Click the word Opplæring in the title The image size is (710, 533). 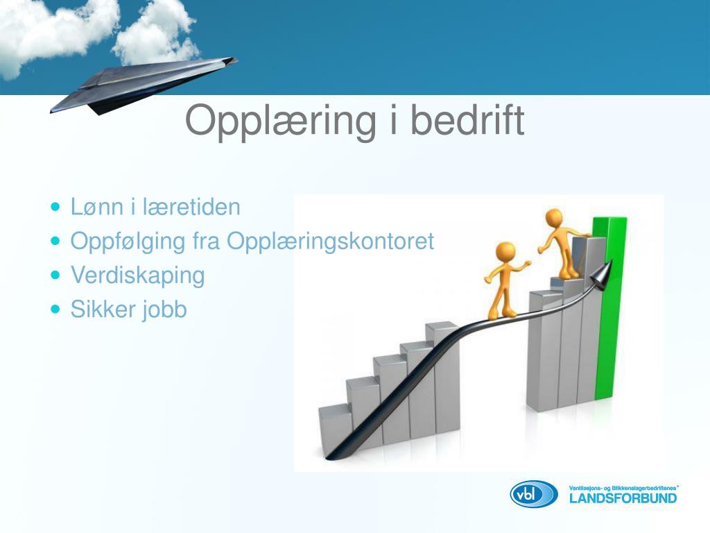click(280, 121)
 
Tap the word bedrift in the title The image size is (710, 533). click(467, 119)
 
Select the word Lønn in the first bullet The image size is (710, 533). click(97, 207)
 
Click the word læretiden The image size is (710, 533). click(191, 207)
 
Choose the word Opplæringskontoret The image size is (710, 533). click(331, 242)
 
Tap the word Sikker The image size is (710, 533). click(103, 310)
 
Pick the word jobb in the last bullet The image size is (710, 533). click(165, 310)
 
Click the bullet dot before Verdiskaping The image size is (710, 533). click(55, 275)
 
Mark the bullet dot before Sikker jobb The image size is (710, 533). click(55, 310)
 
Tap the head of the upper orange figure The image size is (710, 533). click(554, 217)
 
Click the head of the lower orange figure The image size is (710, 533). click(505, 252)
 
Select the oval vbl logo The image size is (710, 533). click(534, 494)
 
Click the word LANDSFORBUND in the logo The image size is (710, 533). click(623, 498)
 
